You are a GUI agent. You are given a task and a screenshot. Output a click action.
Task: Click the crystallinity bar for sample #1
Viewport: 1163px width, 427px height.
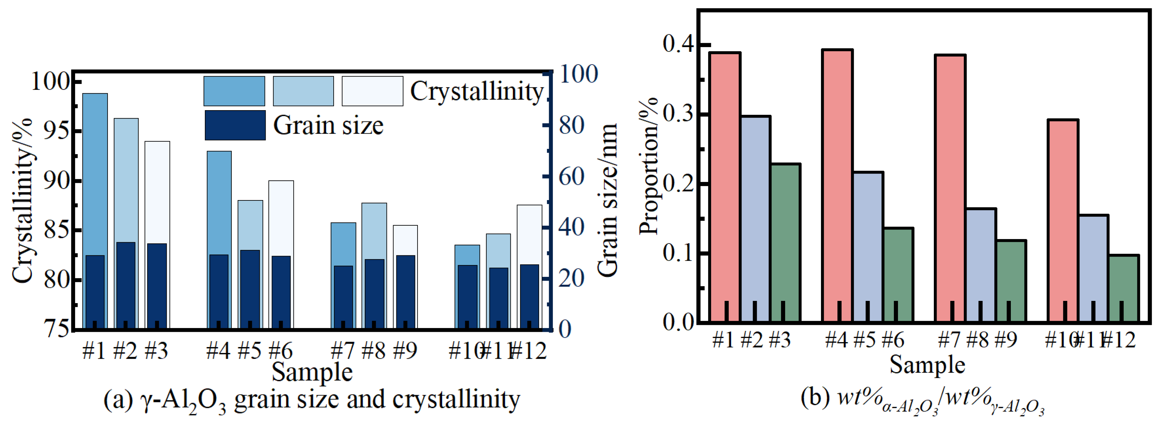[x=95, y=172]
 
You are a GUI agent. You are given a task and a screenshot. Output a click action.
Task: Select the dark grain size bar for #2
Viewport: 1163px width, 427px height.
[x=126, y=285]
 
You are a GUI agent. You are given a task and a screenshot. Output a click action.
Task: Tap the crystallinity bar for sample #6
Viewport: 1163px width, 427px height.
[x=281, y=217]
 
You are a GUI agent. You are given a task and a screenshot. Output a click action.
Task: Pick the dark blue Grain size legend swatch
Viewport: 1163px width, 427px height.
[x=235, y=125]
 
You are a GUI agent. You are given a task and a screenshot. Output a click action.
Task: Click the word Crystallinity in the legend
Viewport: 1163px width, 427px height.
[x=476, y=92]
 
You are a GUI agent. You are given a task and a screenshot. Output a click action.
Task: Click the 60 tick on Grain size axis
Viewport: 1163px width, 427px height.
[x=572, y=177]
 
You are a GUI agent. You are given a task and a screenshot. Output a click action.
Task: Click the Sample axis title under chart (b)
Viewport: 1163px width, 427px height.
[x=927, y=365]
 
